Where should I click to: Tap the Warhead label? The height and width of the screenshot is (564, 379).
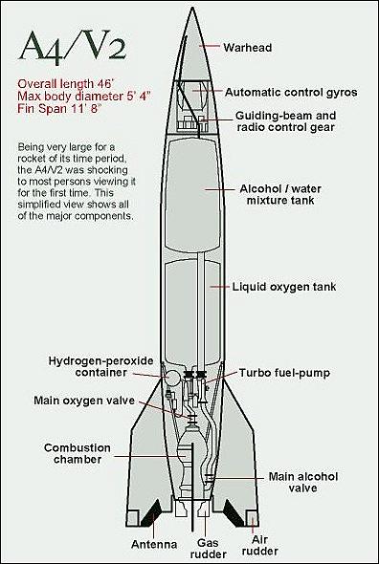coord(248,48)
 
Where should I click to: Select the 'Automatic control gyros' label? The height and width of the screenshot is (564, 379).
coord(291,93)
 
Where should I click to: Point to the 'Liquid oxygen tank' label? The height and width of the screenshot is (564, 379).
coord(284,287)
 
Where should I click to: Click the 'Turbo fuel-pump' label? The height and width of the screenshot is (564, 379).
coord(284,373)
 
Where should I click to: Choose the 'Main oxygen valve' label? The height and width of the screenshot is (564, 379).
coord(84,401)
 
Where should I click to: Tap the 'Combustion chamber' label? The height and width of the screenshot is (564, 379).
coord(78,453)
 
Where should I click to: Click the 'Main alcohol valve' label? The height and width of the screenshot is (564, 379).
coord(303,482)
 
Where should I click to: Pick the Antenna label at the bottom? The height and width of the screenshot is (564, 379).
coord(154,545)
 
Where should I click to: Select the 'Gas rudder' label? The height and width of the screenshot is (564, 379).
coord(209,548)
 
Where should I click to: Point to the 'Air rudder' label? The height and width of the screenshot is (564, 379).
coord(260,545)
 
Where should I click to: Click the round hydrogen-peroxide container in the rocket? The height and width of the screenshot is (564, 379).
coord(173,378)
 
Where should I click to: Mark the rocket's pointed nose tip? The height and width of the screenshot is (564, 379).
coord(191,7)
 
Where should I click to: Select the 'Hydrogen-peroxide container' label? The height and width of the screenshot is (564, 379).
coord(100,366)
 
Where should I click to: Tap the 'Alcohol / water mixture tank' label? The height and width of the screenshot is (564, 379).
coord(280,194)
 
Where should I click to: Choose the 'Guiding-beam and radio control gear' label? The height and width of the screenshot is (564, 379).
coord(286,121)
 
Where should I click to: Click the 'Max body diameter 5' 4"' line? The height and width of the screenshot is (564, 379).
coord(84,97)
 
